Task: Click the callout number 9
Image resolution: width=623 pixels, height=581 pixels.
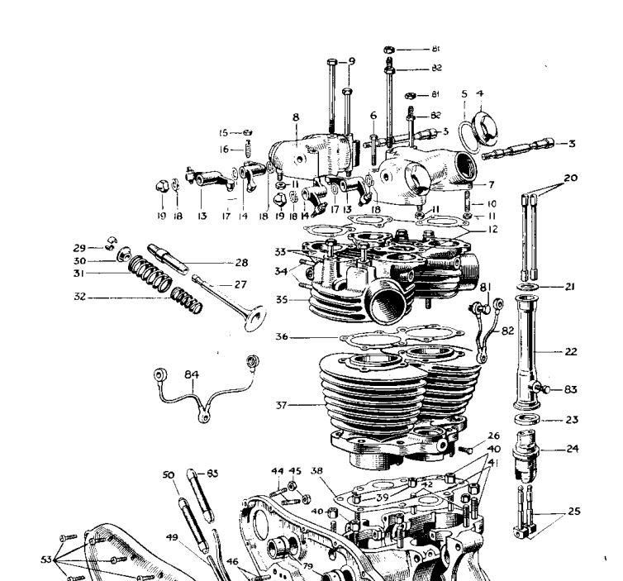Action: [351, 61]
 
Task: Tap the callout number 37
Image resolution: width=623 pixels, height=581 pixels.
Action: [283, 405]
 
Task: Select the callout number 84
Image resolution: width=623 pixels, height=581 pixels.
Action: [192, 374]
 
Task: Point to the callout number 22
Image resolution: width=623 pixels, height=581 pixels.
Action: [572, 351]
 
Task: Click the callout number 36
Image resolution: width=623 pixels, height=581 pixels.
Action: [283, 336]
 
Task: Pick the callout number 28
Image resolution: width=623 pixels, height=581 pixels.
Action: [241, 262]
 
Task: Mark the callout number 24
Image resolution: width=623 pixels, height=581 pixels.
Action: [572, 450]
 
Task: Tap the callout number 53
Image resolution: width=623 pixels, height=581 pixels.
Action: [45, 560]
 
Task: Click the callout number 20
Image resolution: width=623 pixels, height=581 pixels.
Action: [572, 178]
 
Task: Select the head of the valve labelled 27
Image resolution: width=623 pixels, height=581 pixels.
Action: [251, 320]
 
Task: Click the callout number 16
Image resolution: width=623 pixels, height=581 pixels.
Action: [223, 150]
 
